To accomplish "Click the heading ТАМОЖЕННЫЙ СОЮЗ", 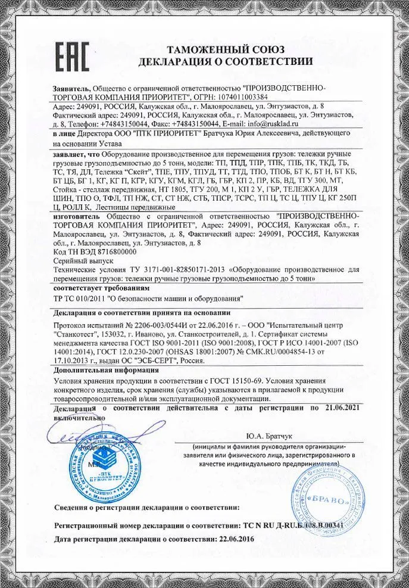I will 225,49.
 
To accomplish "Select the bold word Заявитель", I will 71,88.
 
